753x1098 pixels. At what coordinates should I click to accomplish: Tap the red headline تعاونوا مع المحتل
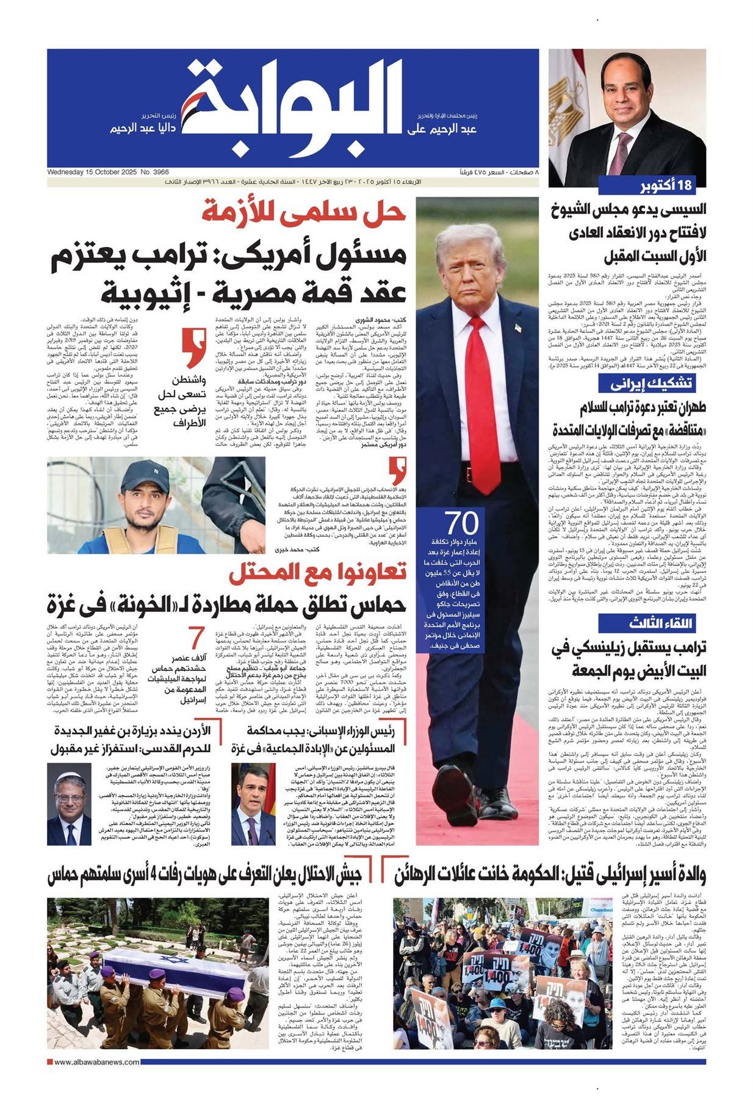tap(317, 573)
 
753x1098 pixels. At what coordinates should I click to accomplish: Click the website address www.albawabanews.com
tap(96, 1062)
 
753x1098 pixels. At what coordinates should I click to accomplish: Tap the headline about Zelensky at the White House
tap(629, 659)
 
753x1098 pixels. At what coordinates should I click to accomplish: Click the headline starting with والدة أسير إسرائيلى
tap(549, 875)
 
